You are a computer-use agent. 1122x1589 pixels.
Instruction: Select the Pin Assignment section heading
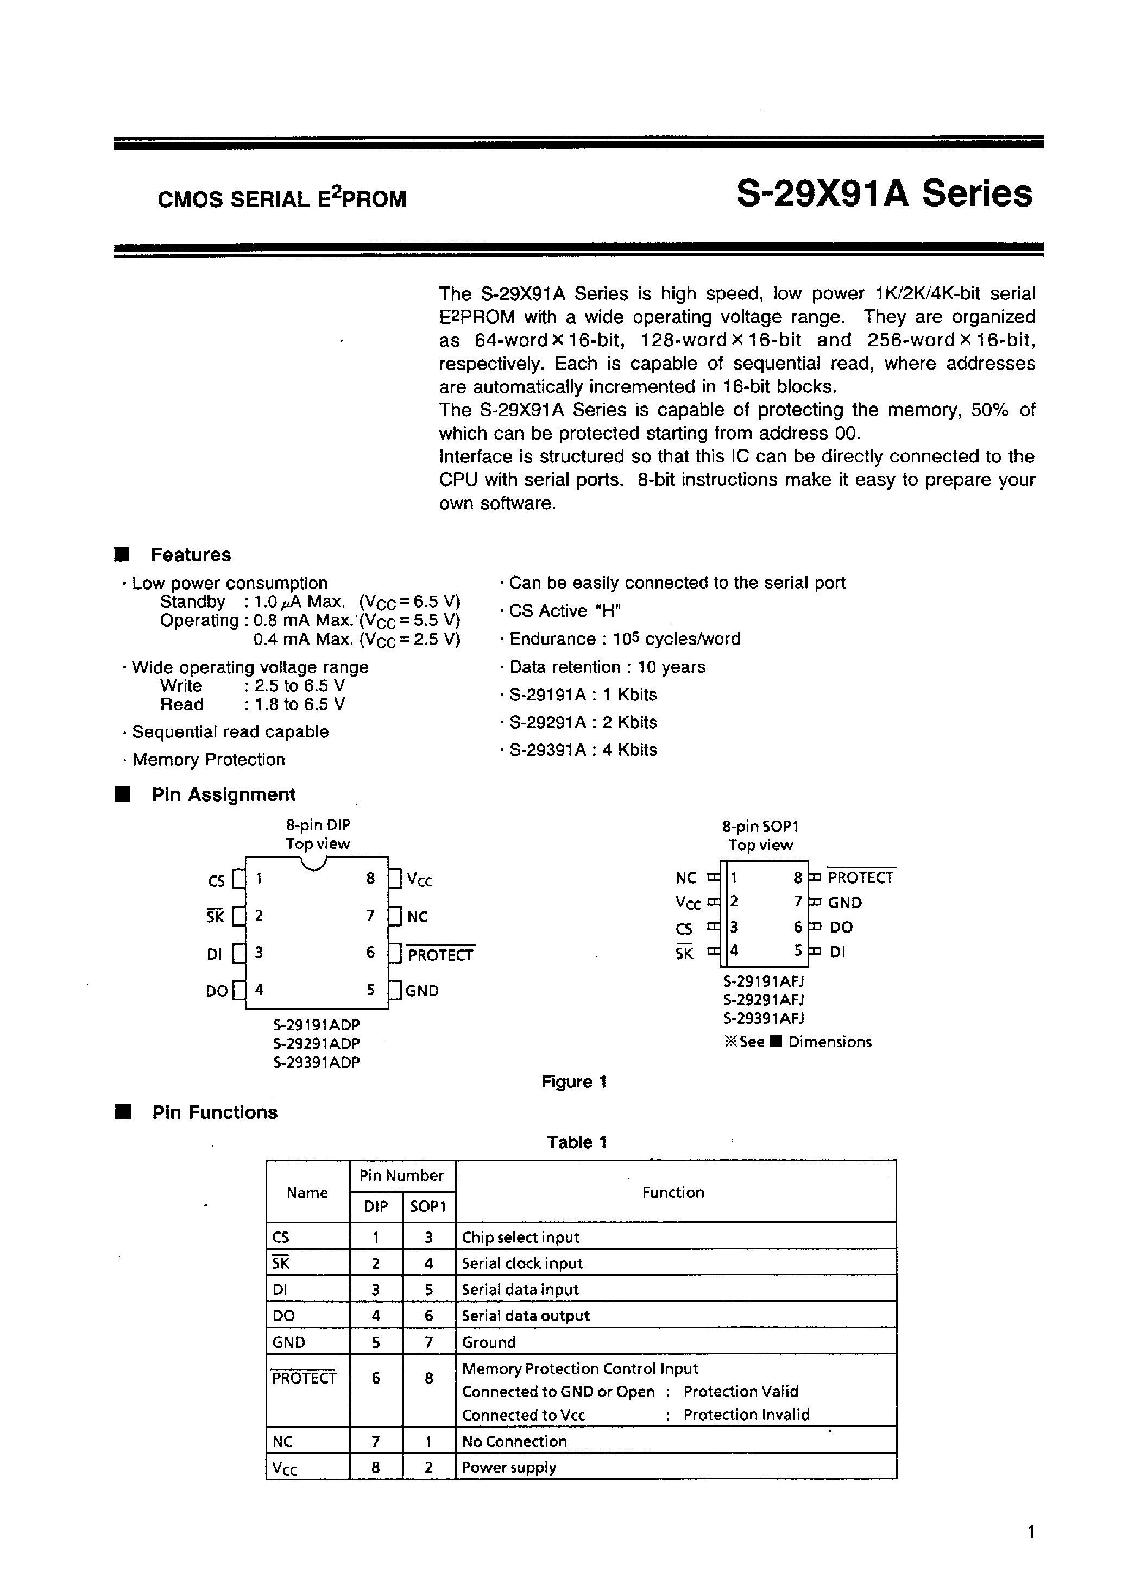tap(223, 795)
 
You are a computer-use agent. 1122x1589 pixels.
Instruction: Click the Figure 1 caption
tap(573, 1082)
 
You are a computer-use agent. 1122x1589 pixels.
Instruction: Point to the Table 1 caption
tap(576, 1142)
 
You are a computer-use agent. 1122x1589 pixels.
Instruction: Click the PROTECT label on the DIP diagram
tap(440, 955)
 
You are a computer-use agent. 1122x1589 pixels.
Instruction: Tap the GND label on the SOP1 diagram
tap(844, 903)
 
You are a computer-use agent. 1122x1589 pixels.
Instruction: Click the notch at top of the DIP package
tap(315, 864)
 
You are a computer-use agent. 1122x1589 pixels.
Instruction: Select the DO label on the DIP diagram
tap(217, 991)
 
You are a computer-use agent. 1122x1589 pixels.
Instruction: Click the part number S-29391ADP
tap(317, 1062)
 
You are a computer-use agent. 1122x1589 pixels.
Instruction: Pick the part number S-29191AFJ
tap(763, 981)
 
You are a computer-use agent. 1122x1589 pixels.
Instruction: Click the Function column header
tap(672, 1192)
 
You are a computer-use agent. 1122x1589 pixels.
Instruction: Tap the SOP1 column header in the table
tap(428, 1206)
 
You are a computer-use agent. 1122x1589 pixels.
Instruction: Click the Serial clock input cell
tap(522, 1263)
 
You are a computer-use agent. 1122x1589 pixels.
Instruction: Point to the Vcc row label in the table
tap(285, 1468)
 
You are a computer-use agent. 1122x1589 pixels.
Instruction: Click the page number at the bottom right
tap(1031, 1531)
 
